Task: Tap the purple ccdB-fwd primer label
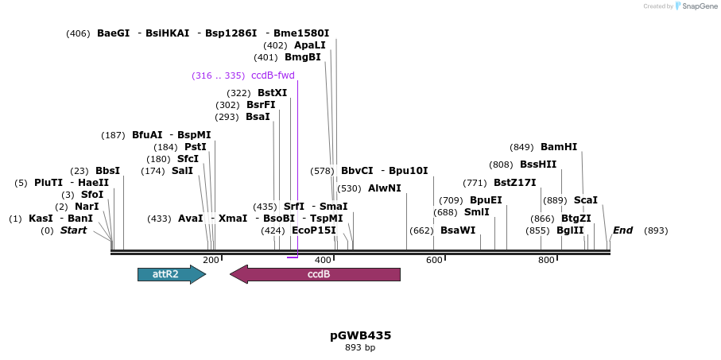[273, 75]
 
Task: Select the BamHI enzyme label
[559, 147]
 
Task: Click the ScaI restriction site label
[585, 200]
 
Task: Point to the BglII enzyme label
[570, 230]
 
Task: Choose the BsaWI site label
[458, 230]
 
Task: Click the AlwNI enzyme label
[385, 188]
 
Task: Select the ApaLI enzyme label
[310, 45]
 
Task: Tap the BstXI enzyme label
[273, 93]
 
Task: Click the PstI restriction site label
[196, 147]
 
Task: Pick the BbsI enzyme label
[107, 171]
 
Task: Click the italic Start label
[74, 230]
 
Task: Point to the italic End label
[622, 230]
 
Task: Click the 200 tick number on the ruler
[211, 260]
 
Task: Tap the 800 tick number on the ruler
[546, 260]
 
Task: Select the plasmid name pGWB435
[360, 335]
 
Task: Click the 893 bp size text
[360, 348]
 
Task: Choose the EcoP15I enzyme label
[314, 230]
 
